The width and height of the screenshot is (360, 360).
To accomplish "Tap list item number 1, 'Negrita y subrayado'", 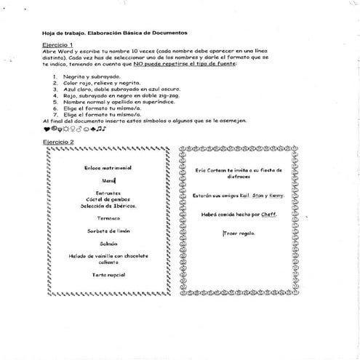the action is (89, 76).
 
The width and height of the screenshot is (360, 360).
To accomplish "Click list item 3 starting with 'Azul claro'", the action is (109, 89).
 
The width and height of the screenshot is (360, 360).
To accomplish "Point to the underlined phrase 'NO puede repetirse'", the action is (158, 64).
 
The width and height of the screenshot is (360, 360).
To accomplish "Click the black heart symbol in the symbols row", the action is (47, 129).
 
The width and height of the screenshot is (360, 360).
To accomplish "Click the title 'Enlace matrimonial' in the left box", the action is (108, 167).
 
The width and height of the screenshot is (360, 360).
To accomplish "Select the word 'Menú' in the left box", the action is (108, 180).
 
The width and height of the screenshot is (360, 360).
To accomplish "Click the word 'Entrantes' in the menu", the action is (108, 193).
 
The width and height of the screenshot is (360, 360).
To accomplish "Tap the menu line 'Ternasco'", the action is (108, 217).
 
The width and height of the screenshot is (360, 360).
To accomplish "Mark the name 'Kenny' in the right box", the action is (276, 196).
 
